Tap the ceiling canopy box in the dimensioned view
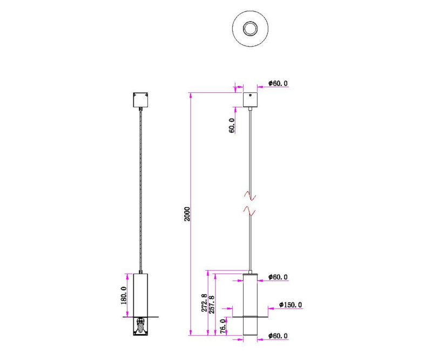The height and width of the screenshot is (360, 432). pyautogui.click(x=251, y=100)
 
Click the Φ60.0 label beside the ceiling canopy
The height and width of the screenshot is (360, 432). pyautogui.click(x=278, y=83)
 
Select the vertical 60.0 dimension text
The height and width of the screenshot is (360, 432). pyautogui.click(x=232, y=125)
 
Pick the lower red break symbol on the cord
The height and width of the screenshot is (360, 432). pyautogui.click(x=249, y=210)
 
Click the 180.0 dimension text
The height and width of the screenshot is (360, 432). pyautogui.click(x=124, y=295)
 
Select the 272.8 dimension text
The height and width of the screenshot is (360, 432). pyautogui.click(x=204, y=303)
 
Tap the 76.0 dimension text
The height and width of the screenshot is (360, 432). pyautogui.click(x=223, y=327)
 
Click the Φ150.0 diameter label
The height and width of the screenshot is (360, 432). pyautogui.click(x=291, y=305)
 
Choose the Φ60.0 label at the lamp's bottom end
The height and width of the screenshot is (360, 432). pyautogui.click(x=278, y=336)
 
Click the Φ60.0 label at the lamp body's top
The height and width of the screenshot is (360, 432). pyautogui.click(x=278, y=277)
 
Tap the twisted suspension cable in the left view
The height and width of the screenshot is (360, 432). pyautogui.click(x=140, y=189)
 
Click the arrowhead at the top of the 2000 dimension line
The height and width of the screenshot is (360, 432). pyautogui.click(x=191, y=95)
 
